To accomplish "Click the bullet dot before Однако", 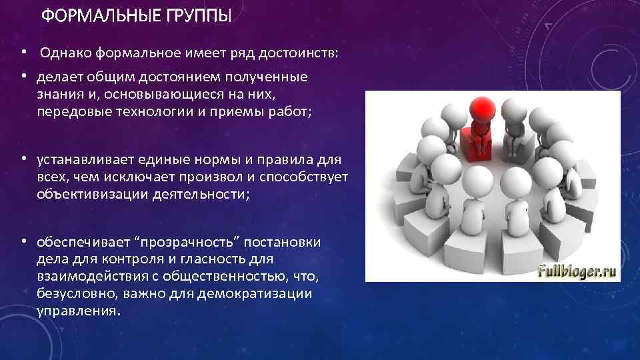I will (x=23, y=53).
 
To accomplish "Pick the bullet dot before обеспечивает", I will (x=23, y=242).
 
